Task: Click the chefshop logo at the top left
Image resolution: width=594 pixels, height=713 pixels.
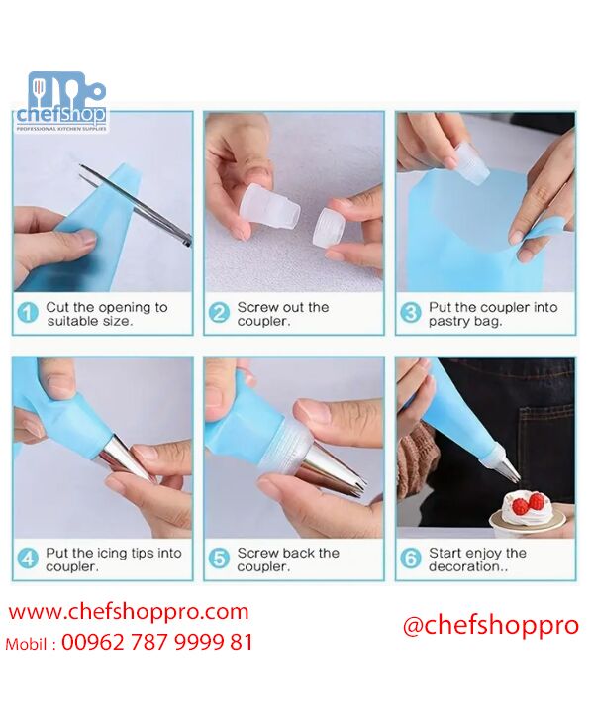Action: click(x=61, y=102)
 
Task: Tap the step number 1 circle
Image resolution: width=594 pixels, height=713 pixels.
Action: click(x=28, y=313)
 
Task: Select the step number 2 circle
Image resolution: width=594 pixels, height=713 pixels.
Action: click(x=219, y=313)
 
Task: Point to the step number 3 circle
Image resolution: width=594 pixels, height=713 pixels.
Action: click(x=411, y=313)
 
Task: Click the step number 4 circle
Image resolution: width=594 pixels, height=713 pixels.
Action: click(x=28, y=559)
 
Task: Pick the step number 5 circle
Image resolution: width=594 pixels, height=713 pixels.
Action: click(x=219, y=559)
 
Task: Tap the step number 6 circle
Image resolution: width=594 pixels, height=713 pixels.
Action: click(x=411, y=559)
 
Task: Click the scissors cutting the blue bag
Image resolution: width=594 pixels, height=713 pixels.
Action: click(x=137, y=205)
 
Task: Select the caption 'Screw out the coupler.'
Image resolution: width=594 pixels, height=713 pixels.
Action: click(x=283, y=314)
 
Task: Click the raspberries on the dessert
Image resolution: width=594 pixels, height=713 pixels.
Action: click(x=528, y=503)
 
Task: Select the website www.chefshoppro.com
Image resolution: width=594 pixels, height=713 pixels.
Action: click(x=129, y=612)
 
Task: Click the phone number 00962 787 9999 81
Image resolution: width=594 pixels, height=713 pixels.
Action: click(x=156, y=643)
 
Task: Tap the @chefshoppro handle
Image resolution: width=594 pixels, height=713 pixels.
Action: click(x=491, y=626)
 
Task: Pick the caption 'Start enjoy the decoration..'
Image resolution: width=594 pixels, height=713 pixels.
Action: click(x=477, y=560)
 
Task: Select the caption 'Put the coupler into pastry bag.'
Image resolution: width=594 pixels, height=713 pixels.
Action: click(x=493, y=314)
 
